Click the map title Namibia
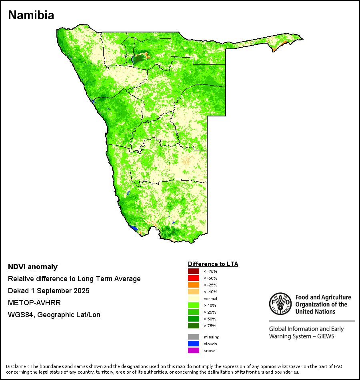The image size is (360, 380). pyautogui.click(x=31, y=15)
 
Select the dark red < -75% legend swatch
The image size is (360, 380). pyautogui.click(x=193, y=271)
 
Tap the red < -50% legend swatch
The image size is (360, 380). pyautogui.click(x=193, y=278)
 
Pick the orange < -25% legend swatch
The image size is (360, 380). pyautogui.click(x=193, y=285)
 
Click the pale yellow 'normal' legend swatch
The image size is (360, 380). pyautogui.click(x=193, y=298)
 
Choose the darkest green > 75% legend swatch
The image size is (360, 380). pyautogui.click(x=193, y=326)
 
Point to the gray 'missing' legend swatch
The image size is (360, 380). pyautogui.click(x=193, y=337)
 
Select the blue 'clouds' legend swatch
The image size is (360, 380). pyautogui.click(x=193, y=344)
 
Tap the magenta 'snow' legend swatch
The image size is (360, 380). pyautogui.click(x=193, y=350)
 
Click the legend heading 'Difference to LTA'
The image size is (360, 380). pyautogui.click(x=213, y=264)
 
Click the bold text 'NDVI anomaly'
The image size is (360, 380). pyautogui.click(x=33, y=267)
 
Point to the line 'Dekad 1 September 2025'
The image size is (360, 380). pyautogui.click(x=48, y=291)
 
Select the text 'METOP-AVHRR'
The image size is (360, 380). pyautogui.click(x=31, y=303)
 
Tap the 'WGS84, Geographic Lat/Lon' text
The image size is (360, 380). pyautogui.click(x=54, y=315)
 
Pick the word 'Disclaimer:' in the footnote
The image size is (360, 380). pyautogui.click(x=18, y=366)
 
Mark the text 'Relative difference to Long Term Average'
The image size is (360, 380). pyautogui.click(x=74, y=279)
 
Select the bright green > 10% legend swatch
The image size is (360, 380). pyautogui.click(x=193, y=305)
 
